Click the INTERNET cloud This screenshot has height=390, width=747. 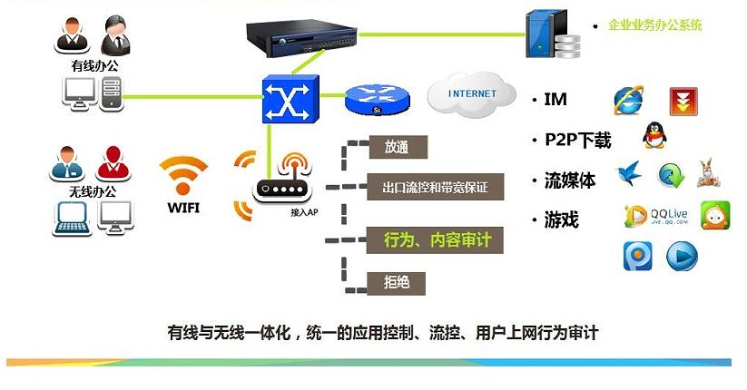[x=472, y=93]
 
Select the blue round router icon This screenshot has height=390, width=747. [x=375, y=100]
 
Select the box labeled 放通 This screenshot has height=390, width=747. [x=397, y=147]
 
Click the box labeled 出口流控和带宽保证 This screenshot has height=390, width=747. [x=435, y=188]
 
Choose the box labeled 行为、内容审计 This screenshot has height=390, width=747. [x=435, y=240]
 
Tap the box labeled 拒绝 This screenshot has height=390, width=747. [x=397, y=282]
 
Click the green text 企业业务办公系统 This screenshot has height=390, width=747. [x=654, y=24]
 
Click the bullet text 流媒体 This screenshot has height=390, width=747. [x=569, y=180]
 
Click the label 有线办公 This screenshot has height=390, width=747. [x=93, y=66]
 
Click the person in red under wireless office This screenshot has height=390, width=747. [x=113, y=163]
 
